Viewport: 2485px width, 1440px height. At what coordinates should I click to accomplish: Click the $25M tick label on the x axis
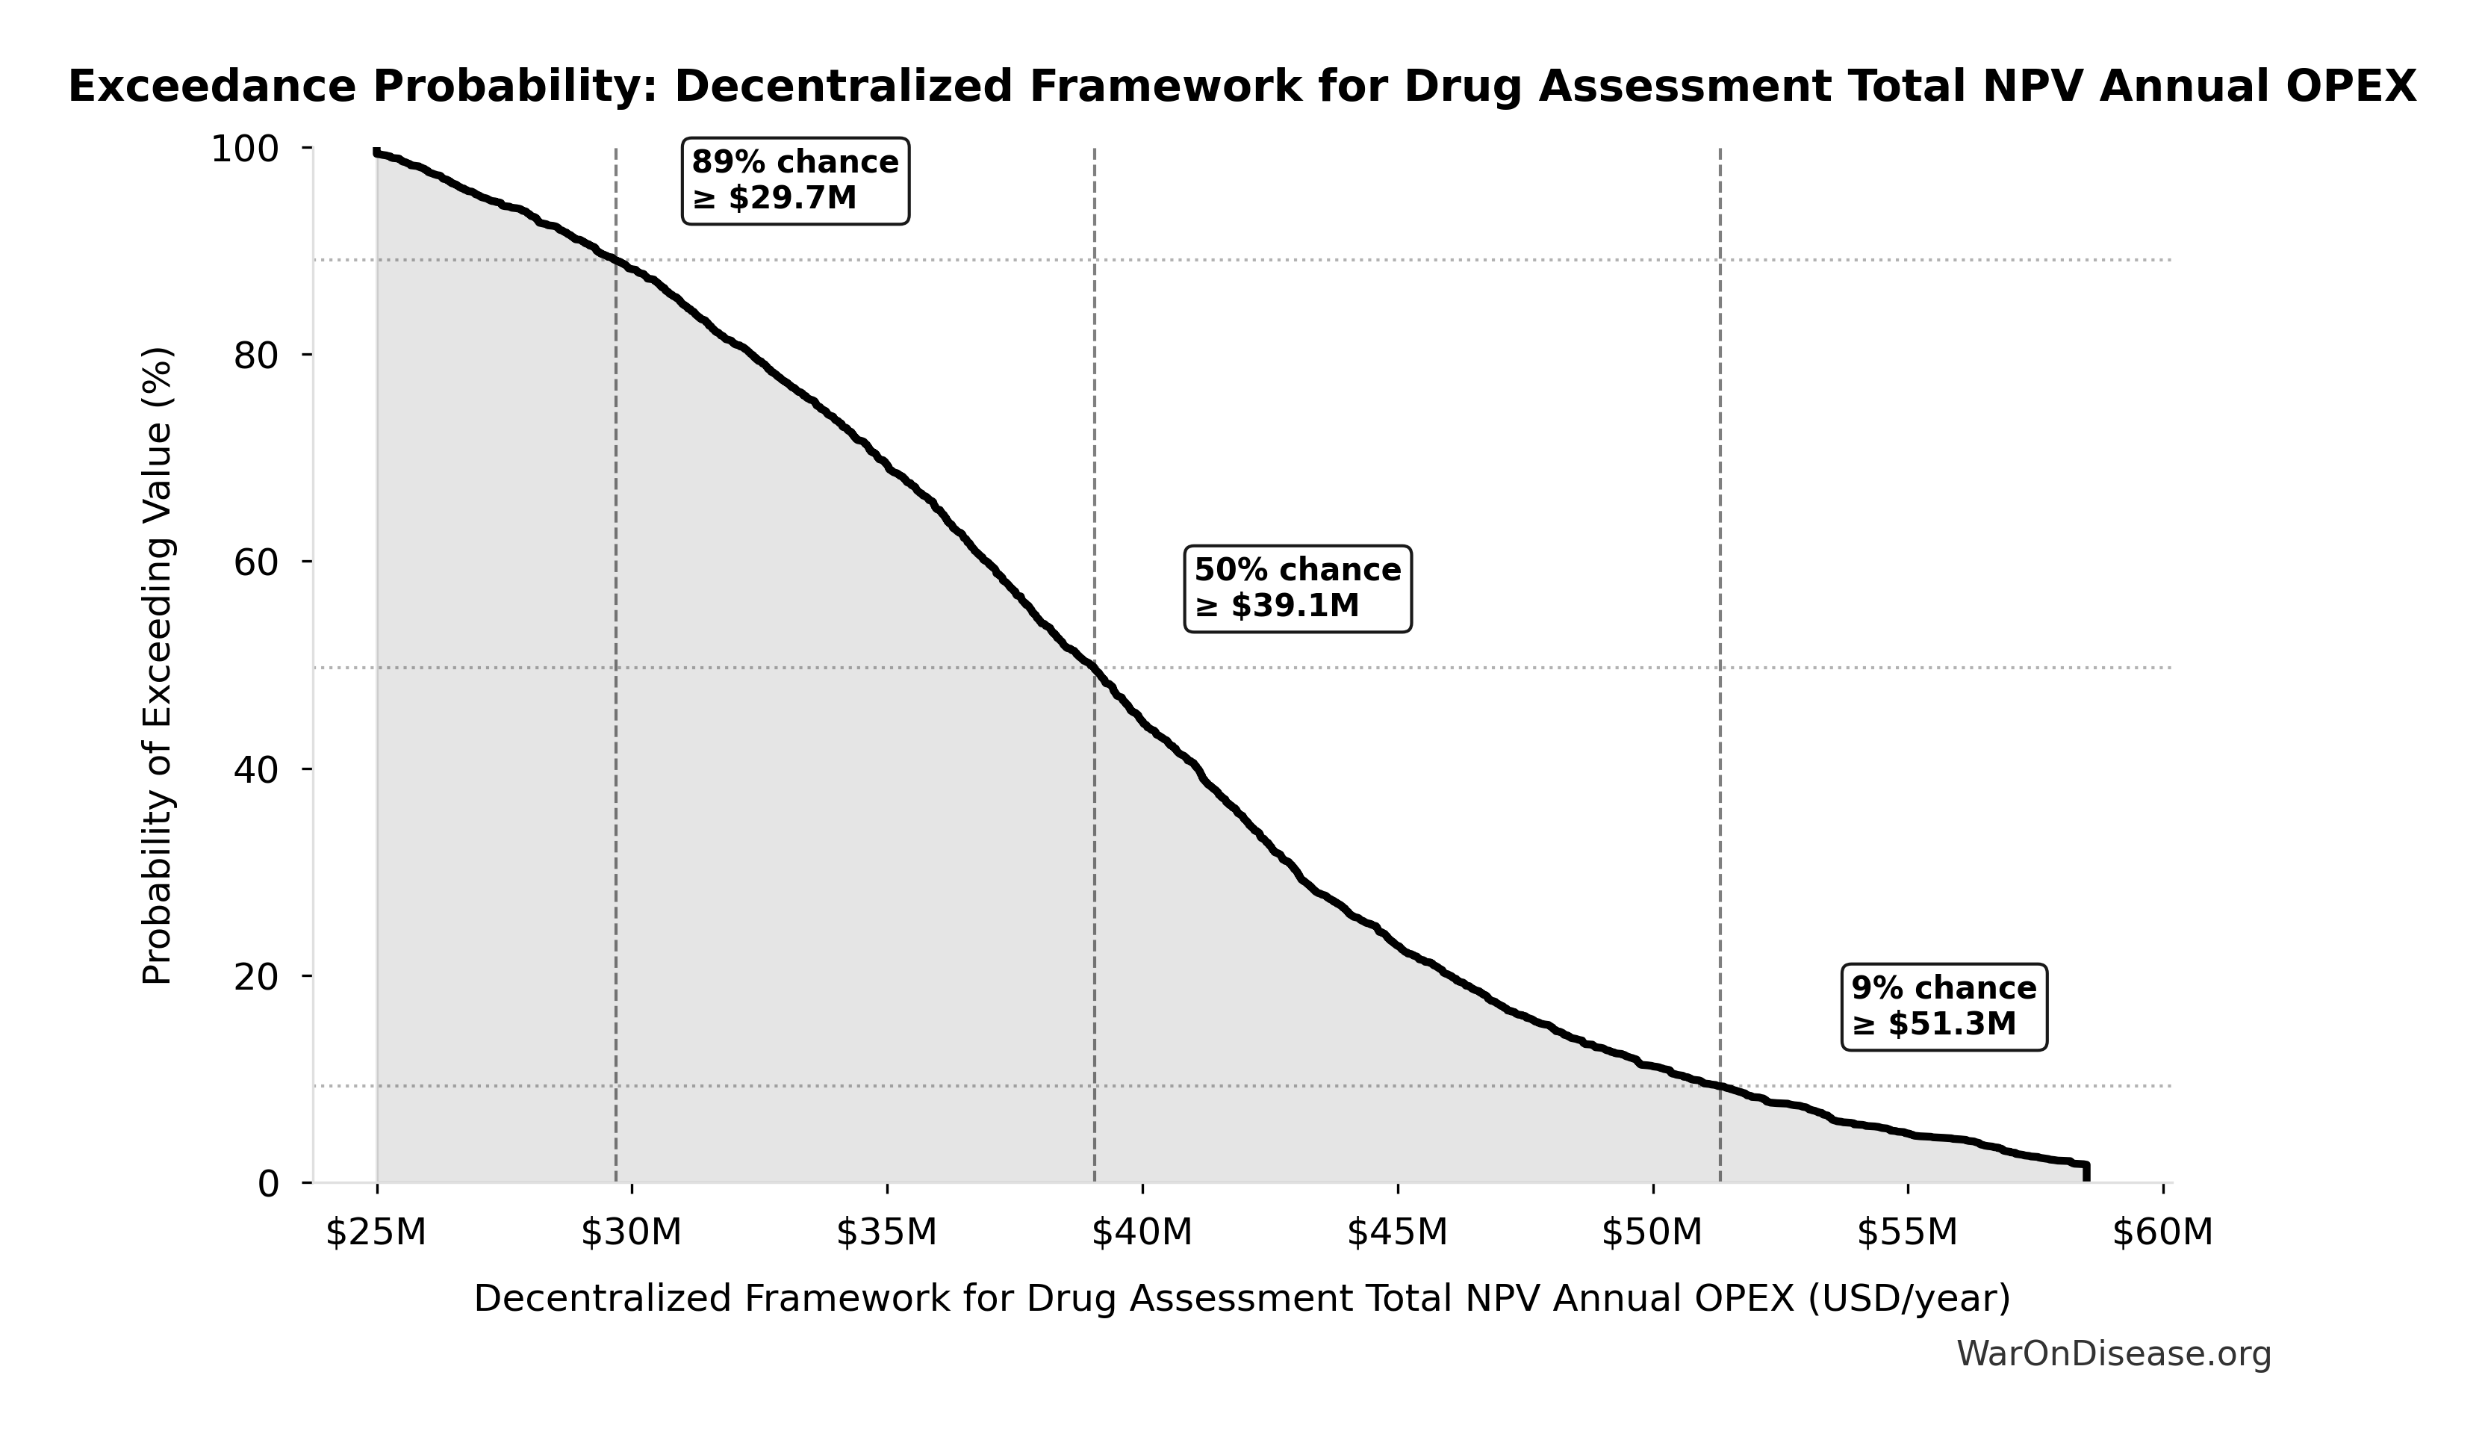[376, 1233]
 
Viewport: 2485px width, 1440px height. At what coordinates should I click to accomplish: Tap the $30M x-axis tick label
[631, 1233]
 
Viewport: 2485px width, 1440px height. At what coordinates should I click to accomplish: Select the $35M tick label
[886, 1233]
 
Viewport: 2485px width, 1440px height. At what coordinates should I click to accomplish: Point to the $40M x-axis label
[1142, 1233]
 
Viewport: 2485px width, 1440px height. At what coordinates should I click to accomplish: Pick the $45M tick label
[1397, 1233]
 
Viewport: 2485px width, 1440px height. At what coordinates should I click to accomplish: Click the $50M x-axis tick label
[1652, 1233]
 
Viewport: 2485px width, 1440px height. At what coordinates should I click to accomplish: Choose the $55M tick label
[1907, 1233]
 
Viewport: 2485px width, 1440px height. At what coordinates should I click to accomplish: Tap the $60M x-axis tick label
[2162, 1233]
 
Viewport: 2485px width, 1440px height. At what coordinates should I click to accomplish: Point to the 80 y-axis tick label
[256, 356]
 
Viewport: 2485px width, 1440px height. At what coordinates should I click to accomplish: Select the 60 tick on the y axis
[256, 563]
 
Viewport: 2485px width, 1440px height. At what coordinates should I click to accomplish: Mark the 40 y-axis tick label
[256, 770]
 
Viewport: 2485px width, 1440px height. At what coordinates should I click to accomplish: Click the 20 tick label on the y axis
[256, 978]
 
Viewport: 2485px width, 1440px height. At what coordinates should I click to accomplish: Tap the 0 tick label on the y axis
[268, 1184]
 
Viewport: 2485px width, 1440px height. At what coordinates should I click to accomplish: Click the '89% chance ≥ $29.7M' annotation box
[796, 181]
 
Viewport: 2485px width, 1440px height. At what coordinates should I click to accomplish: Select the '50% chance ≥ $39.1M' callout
[1298, 589]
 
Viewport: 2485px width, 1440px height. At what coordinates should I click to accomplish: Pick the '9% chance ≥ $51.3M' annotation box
[1944, 1007]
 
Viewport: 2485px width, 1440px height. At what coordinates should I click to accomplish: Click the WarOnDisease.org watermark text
[2114, 1354]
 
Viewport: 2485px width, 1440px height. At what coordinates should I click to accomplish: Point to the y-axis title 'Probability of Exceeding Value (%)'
[158, 665]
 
